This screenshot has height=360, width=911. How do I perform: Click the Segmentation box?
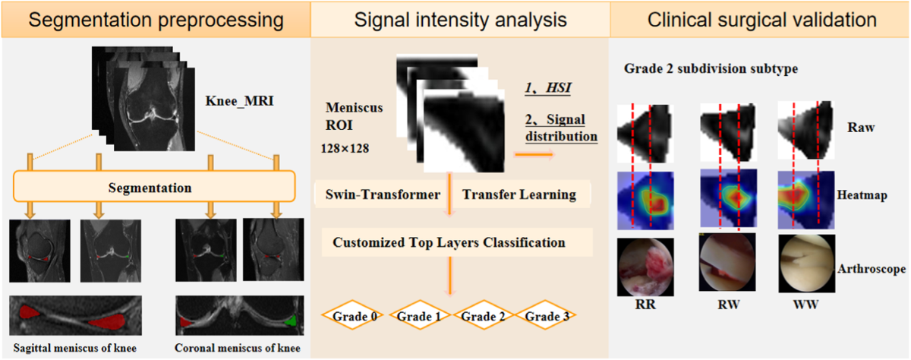pos(154,186)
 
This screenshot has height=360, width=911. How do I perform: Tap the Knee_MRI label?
pos(240,100)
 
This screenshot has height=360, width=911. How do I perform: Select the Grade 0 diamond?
pos(352,315)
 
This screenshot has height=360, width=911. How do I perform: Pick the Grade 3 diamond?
pos(545,315)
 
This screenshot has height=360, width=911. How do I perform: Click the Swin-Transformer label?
pos(383,194)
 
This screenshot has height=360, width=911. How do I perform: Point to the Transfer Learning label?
pos(519,194)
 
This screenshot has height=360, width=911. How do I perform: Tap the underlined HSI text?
pos(548,87)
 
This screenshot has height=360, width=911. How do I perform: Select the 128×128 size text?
pos(345,148)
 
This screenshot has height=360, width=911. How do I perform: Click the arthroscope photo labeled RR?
pos(645,267)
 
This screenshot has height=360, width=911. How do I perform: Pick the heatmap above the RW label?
pos(728,197)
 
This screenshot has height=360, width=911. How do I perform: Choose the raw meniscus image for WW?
pos(806,130)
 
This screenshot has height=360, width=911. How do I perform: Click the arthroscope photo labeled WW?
pos(807,264)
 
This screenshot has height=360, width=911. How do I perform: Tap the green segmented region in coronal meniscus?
pos(292,321)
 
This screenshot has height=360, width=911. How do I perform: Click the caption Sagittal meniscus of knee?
pos(75,348)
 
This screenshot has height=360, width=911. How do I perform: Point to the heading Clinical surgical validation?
pos(761,20)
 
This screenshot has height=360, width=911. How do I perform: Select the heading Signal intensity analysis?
pos(460,20)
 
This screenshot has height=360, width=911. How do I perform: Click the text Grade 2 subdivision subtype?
pos(711,68)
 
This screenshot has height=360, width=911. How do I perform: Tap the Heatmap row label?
pos(862,195)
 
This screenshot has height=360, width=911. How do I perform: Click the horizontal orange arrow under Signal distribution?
pos(534,154)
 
